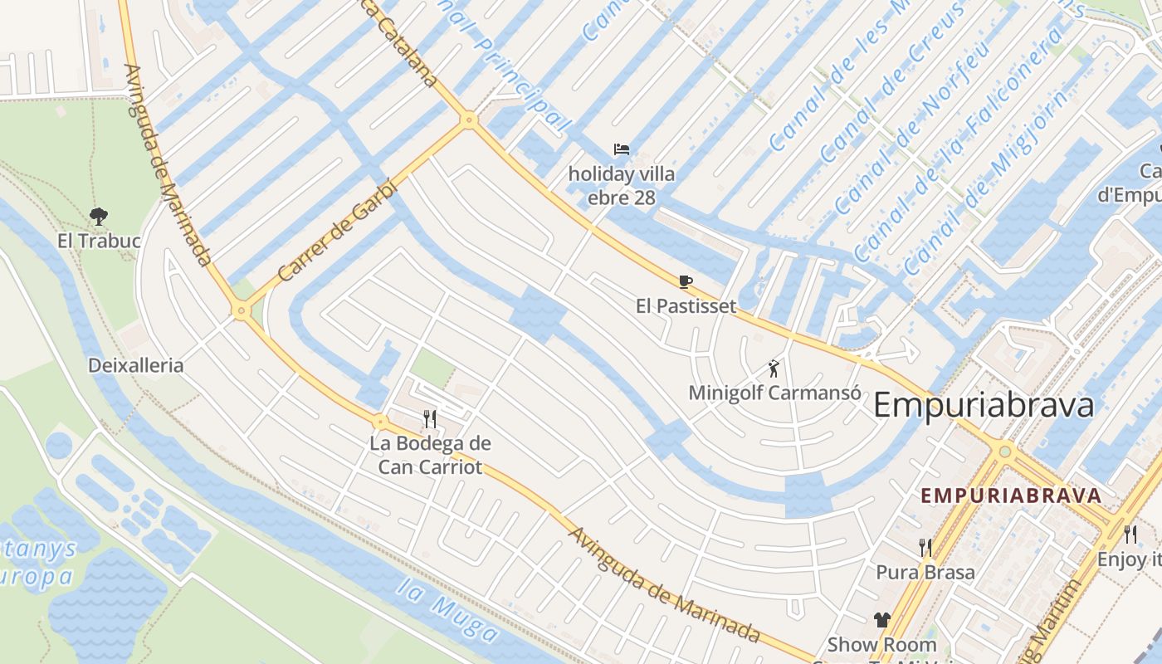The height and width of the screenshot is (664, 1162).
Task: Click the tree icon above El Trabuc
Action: click(99, 217)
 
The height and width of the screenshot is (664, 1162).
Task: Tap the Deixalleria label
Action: click(136, 365)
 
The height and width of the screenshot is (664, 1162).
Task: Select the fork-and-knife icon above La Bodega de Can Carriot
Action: click(430, 418)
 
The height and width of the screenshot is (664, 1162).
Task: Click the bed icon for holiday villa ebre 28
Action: click(622, 150)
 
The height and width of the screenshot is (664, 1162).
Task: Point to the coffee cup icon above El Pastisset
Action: click(686, 281)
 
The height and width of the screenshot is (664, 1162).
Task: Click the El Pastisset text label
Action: click(686, 306)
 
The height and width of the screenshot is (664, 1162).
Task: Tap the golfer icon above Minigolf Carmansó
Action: click(774, 369)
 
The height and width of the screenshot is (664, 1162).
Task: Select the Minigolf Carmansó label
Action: click(774, 393)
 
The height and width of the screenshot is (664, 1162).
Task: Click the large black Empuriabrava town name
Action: click(984, 406)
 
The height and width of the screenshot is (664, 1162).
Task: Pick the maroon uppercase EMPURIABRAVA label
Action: click(1011, 496)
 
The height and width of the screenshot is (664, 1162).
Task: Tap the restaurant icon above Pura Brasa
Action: click(925, 547)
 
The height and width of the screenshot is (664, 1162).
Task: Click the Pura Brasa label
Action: click(925, 572)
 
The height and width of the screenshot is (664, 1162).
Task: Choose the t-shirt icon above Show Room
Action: click(881, 620)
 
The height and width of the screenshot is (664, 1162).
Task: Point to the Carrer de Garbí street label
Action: click(339, 232)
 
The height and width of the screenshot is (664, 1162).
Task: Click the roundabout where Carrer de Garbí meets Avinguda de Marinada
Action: click(242, 311)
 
